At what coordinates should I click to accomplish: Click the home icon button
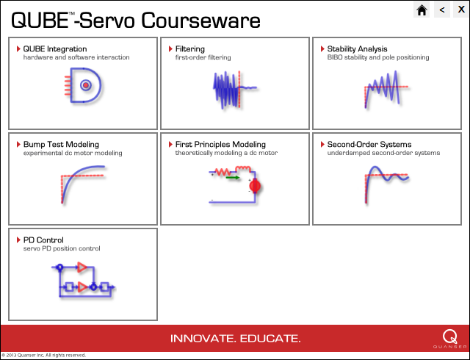[422, 10]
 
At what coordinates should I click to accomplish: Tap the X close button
[461, 10]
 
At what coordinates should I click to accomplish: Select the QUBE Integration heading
[55, 49]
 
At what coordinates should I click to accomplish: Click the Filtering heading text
[190, 49]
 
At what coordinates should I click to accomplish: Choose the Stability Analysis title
[357, 49]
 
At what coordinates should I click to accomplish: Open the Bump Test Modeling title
[61, 144]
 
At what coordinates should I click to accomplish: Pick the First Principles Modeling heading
[220, 144]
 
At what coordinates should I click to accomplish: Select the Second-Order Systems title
[369, 144]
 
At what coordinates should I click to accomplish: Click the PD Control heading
[43, 240]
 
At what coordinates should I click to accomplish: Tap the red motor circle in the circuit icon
[255, 187]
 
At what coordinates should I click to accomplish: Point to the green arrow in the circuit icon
[233, 178]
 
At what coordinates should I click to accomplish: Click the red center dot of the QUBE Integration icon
[86, 85]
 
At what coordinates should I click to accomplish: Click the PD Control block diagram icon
[84, 280]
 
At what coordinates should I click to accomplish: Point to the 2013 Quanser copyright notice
[44, 355]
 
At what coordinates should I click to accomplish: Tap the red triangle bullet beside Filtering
[170, 48]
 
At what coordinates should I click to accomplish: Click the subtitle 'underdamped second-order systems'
[383, 153]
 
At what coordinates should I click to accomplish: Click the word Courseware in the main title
[200, 21]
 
